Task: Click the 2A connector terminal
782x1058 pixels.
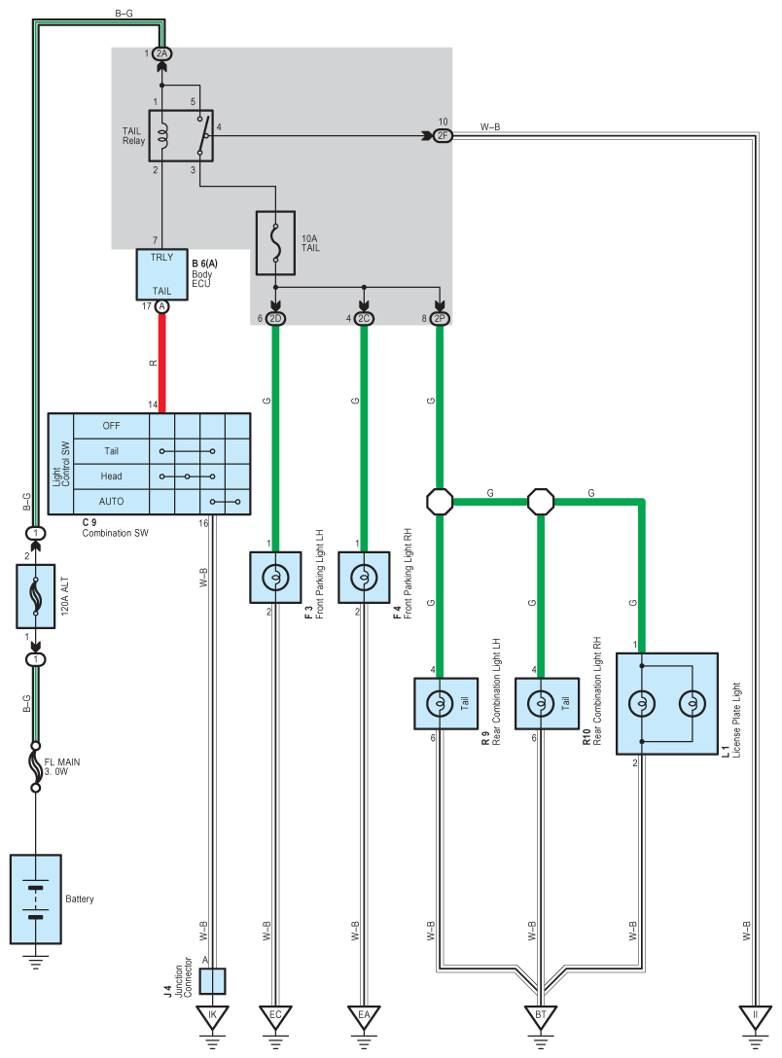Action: tap(161, 53)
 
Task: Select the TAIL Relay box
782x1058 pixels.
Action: tap(181, 135)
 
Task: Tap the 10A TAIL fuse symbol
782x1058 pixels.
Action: tap(275, 243)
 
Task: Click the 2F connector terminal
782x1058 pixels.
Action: tap(443, 135)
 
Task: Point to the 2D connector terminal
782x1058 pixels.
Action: tap(275, 319)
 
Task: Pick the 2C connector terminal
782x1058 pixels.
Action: tap(364, 319)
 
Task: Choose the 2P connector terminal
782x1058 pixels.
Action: tap(440, 319)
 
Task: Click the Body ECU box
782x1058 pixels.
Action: tap(161, 274)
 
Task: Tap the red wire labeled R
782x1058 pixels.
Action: tap(161, 363)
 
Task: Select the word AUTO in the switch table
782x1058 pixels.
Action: tap(111, 502)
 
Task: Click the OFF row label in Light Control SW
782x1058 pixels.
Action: tap(111, 426)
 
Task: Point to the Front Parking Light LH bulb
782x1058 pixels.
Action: tap(275, 578)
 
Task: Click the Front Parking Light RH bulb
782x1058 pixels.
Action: tap(364, 578)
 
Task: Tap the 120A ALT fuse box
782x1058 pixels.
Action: tap(36, 596)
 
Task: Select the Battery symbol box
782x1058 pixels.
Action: tap(36, 899)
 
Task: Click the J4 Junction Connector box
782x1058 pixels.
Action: tap(213, 981)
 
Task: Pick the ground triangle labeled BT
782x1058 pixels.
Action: tap(541, 1015)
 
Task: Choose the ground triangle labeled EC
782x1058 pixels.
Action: tap(275, 1015)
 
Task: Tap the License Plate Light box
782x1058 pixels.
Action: tap(666, 704)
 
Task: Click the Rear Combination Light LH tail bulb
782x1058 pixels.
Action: tap(440, 704)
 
